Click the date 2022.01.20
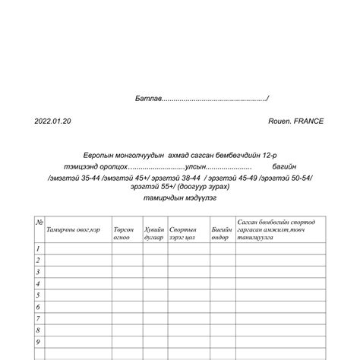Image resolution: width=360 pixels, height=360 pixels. point(52,121)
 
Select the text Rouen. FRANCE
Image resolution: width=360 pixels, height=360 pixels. point(295,121)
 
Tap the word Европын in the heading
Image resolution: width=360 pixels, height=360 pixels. point(109,154)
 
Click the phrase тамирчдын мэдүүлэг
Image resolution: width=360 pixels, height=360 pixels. point(179,197)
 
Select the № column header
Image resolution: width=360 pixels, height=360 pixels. point(39,222)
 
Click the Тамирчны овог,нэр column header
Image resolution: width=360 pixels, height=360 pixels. point(74,229)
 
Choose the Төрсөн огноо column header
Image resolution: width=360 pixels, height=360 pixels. point(123,232)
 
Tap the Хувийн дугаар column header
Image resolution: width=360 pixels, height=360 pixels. point(154,232)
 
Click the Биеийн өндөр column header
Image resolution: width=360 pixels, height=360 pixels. point(221,232)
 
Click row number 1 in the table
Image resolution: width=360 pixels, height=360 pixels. point(38,248)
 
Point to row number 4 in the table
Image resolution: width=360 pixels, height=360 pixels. point(38,283)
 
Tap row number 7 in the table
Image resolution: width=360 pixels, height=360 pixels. point(38,319)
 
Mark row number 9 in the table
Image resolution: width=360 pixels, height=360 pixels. point(38,343)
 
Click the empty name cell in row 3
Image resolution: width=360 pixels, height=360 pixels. point(77,272)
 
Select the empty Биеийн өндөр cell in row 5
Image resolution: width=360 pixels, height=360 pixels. point(222,295)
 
